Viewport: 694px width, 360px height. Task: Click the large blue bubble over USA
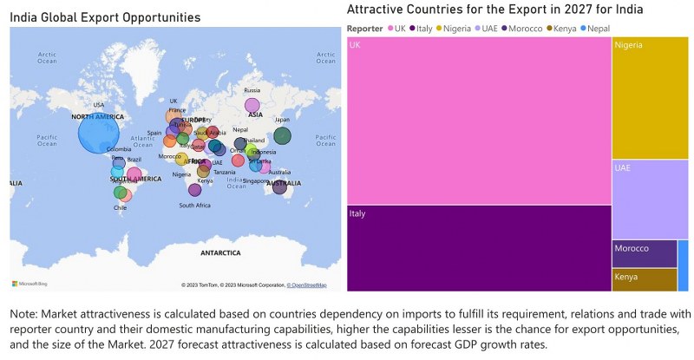pos(99,134)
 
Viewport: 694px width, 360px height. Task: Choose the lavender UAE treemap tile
pos(650,199)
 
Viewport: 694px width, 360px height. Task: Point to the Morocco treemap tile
pos(644,253)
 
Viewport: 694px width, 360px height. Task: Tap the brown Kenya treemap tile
pos(644,279)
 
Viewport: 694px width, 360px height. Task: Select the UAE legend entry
pos(489,28)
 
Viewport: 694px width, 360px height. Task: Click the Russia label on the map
pos(252,90)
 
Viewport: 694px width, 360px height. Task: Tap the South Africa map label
pos(194,206)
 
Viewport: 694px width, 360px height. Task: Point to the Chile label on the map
pos(120,207)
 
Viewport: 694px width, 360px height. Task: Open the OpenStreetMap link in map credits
pos(308,285)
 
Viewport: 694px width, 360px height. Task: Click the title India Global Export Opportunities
pos(105,17)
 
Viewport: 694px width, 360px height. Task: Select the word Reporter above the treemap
pos(365,28)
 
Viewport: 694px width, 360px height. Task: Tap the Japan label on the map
pos(282,120)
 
